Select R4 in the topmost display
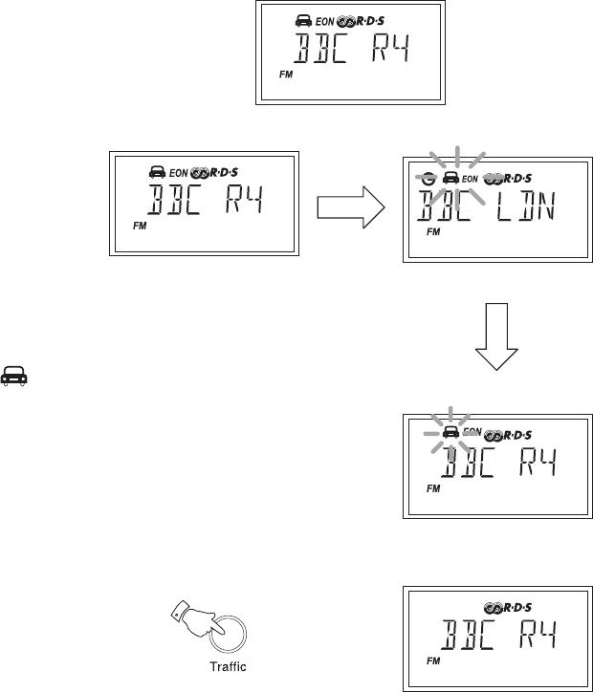point(386,49)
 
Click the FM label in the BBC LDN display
point(432,232)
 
